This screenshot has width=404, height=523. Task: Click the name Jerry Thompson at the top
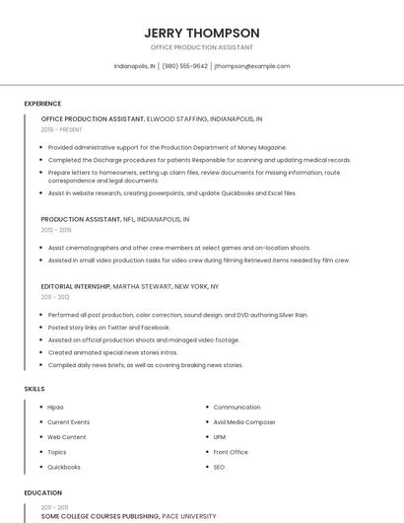point(202,33)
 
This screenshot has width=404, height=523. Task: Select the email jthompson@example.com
point(252,66)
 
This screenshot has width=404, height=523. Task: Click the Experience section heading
point(42,104)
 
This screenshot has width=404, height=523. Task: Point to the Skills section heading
point(34,389)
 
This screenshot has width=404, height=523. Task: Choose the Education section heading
point(43,492)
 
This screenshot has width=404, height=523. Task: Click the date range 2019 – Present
point(62,129)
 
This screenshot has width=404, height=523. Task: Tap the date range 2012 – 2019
point(56,229)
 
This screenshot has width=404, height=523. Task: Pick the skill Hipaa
point(55,407)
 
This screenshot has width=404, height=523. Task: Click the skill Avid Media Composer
point(244,421)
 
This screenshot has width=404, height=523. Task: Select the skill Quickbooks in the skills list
point(64,467)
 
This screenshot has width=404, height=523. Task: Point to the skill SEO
point(219,467)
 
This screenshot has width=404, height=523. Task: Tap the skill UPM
point(220,436)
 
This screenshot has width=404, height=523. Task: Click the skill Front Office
point(230,452)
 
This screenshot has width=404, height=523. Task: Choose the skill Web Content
point(67,436)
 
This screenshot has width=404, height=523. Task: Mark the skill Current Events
point(69,421)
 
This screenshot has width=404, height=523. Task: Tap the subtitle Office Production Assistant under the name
point(202,47)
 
